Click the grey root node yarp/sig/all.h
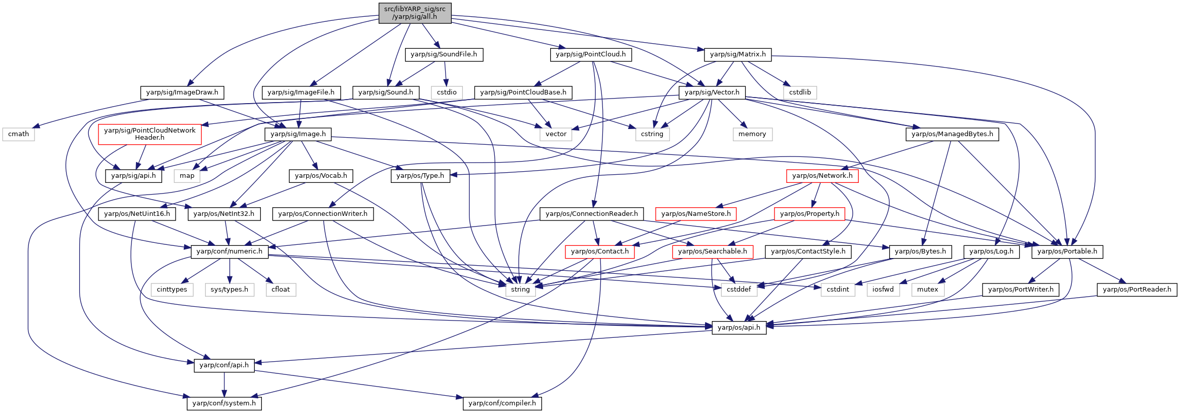point(415,13)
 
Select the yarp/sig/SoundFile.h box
point(444,54)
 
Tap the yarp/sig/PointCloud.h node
point(591,54)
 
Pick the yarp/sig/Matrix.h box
point(738,54)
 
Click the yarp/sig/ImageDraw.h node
point(182,92)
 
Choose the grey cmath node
point(19,134)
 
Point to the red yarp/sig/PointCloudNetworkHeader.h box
point(150,134)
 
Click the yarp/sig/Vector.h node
point(712,92)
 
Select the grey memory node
point(752,134)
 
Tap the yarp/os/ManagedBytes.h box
point(952,134)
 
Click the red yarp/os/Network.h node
point(822,176)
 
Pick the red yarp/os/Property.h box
point(810,214)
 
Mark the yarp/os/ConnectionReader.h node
point(592,214)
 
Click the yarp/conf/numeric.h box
point(229,251)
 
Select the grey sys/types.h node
point(229,290)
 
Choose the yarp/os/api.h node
point(739,328)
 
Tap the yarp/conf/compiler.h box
point(502,403)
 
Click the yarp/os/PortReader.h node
point(1137,290)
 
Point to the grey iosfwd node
point(883,290)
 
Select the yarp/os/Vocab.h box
point(321,176)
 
